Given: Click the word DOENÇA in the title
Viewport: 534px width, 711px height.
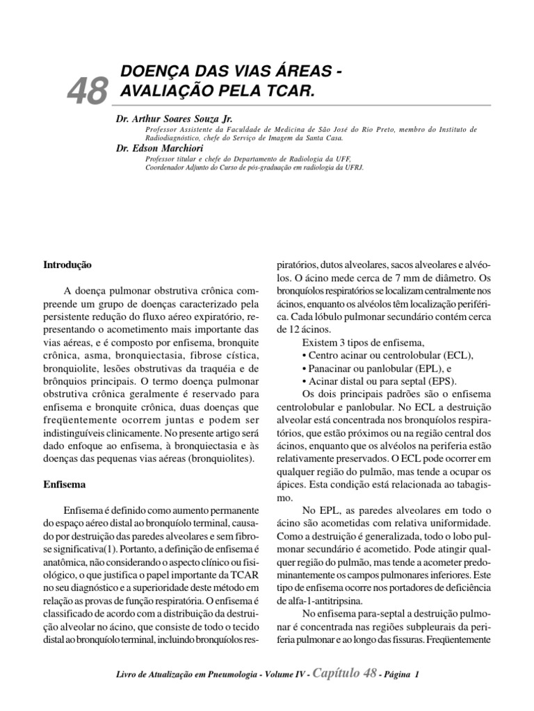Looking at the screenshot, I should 155,72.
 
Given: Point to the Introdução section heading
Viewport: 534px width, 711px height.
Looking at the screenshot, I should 67,265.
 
